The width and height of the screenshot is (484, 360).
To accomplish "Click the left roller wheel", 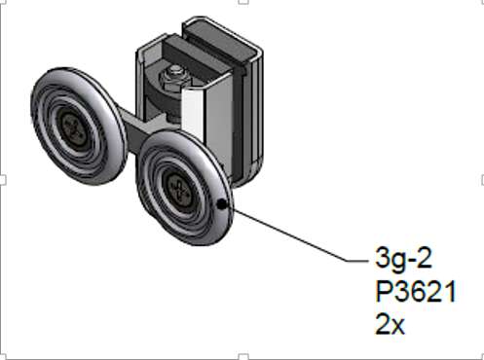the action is (78, 126).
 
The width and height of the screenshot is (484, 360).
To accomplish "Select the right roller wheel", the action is (184, 188).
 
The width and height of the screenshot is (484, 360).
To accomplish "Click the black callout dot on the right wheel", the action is (222, 204).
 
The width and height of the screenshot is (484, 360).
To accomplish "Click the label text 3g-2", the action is (403, 259).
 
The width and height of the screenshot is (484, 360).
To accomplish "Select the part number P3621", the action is (416, 291).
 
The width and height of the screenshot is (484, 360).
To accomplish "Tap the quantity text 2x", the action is (390, 324).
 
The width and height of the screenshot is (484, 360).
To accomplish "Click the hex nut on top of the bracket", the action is (174, 76).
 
